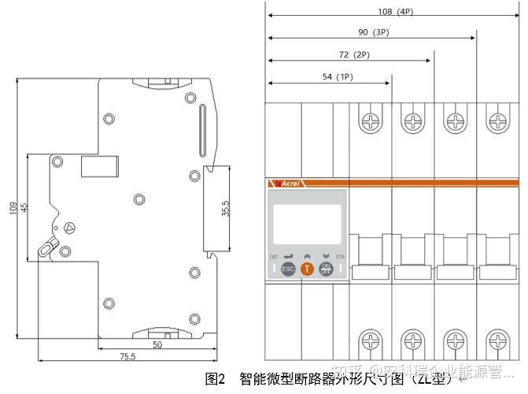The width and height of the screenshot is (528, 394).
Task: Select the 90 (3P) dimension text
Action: click(372, 33)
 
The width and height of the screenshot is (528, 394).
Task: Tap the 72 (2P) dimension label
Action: click(351, 55)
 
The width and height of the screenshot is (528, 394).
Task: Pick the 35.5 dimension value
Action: click(226, 210)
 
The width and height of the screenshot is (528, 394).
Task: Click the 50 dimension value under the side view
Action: click(157, 344)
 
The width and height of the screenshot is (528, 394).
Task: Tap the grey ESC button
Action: click(288, 269)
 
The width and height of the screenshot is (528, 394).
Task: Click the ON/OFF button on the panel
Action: click(326, 269)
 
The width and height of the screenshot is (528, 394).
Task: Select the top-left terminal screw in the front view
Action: click(370, 122)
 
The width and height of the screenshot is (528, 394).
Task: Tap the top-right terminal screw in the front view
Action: click(498, 122)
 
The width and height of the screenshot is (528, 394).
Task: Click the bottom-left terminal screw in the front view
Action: click(370, 342)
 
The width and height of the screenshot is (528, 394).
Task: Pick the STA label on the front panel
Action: click(341, 257)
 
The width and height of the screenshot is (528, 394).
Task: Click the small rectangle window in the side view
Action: click(100, 165)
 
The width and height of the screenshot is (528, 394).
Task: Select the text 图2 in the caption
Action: click(215, 379)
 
